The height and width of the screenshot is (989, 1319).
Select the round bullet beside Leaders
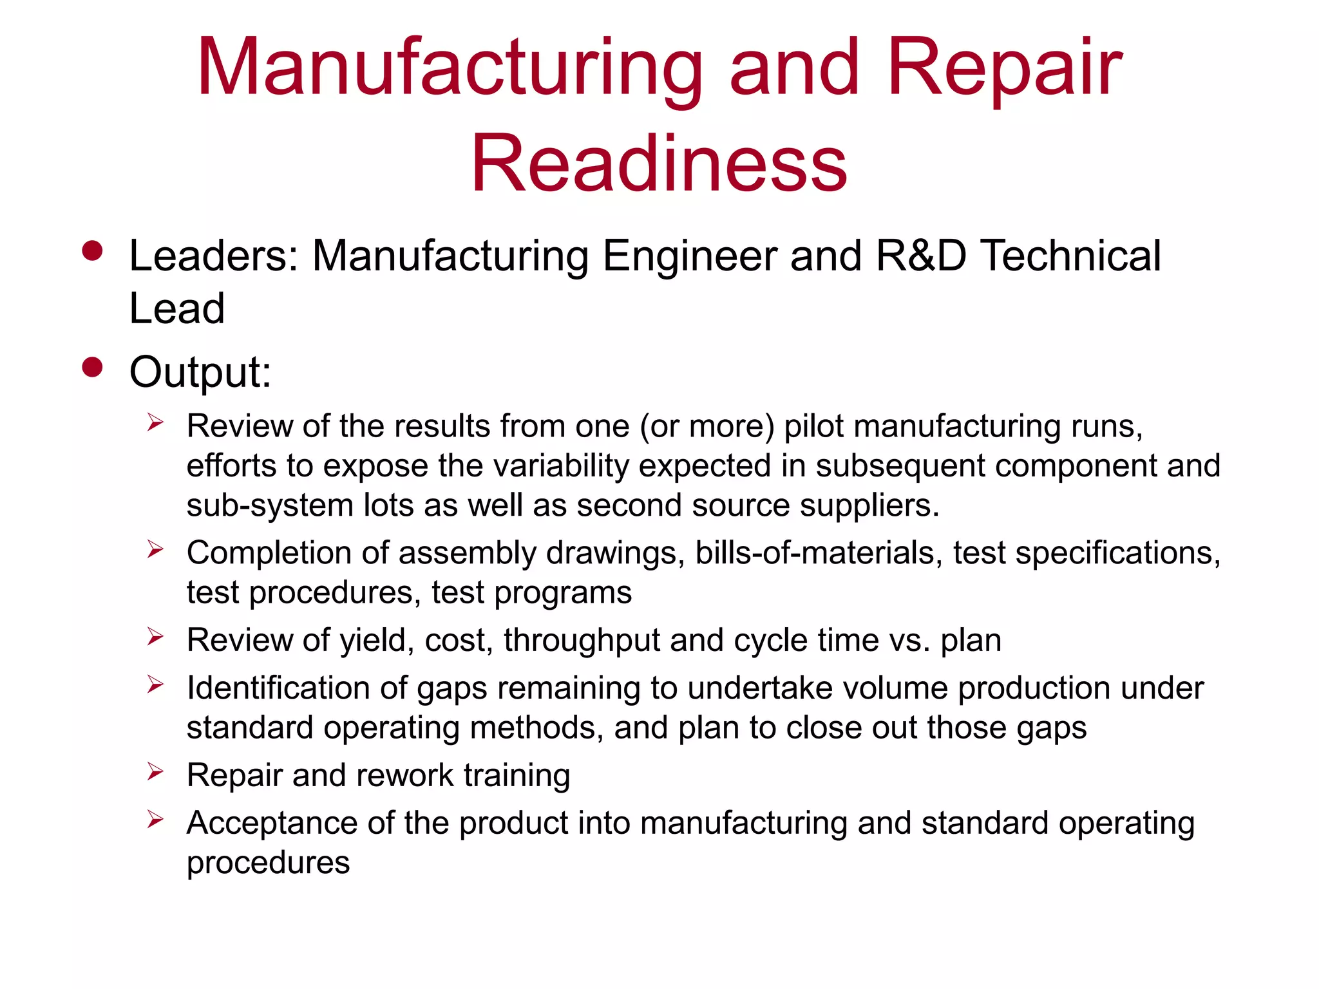click(x=93, y=251)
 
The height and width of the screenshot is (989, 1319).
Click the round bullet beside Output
click(x=93, y=367)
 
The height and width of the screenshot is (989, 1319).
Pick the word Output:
click(x=200, y=372)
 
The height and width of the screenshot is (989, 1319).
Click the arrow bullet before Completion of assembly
click(x=155, y=549)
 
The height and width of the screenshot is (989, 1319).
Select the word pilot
click(x=813, y=426)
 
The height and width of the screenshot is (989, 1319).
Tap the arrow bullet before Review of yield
click(x=155, y=637)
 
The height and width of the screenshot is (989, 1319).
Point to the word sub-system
click(x=270, y=505)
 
